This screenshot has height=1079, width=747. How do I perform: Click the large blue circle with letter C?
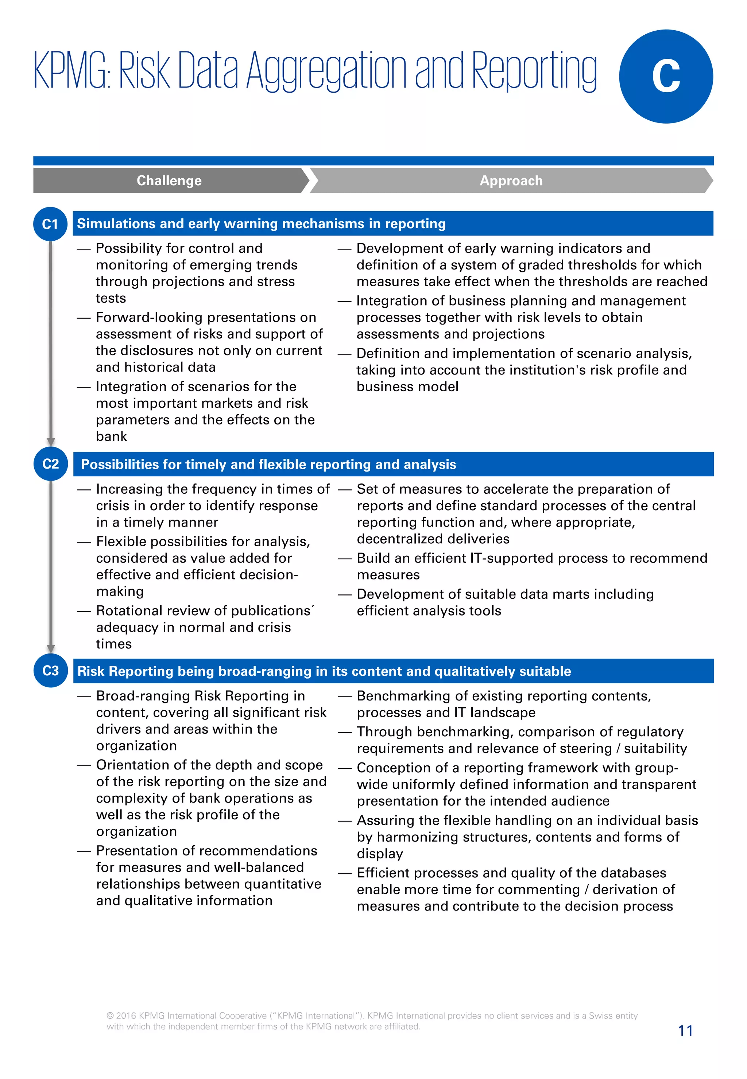point(666,76)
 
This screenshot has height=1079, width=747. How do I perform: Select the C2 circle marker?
point(51,464)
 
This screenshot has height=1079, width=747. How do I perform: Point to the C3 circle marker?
point(51,671)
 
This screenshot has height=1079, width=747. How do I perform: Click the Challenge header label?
point(169,181)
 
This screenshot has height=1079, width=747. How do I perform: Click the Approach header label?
point(511,181)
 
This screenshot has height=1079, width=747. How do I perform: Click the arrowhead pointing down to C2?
point(51,442)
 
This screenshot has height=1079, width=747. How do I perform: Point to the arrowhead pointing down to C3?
point(51,649)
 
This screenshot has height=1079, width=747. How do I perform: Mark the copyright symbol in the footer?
point(110,1016)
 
